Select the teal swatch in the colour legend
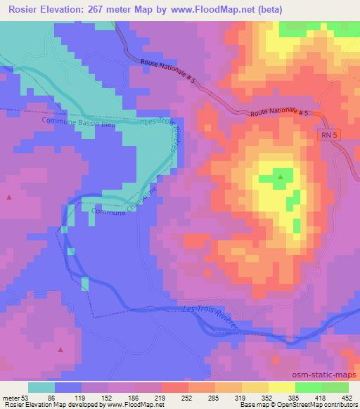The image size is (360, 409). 41,387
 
